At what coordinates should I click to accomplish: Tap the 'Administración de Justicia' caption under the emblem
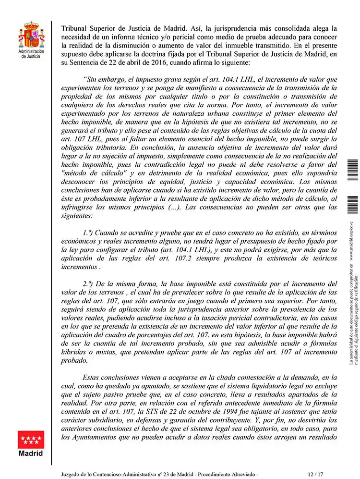[31, 53]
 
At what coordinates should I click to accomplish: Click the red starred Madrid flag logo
[31, 440]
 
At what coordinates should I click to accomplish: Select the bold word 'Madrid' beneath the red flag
[31, 454]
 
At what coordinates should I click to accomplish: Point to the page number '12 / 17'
[316, 474]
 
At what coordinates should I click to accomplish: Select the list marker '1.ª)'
[89, 232]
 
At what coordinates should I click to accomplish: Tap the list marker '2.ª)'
[89, 284]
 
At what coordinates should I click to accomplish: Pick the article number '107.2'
[192, 258]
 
